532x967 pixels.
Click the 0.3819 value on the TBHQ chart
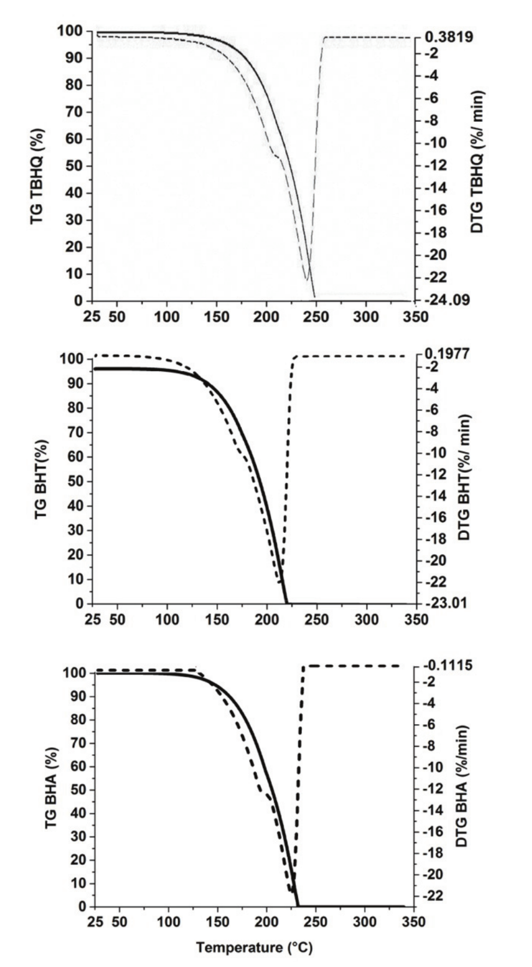[449, 37]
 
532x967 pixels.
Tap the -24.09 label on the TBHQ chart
[449, 300]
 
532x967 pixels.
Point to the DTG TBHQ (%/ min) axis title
[477, 162]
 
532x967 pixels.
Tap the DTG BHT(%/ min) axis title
[464, 477]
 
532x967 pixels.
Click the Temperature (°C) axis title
[254, 948]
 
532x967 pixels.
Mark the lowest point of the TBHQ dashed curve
[307, 281]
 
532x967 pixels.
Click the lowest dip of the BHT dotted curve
[279, 581]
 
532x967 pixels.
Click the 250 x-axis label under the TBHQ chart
[316, 317]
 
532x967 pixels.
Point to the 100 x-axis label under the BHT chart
[167, 619]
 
